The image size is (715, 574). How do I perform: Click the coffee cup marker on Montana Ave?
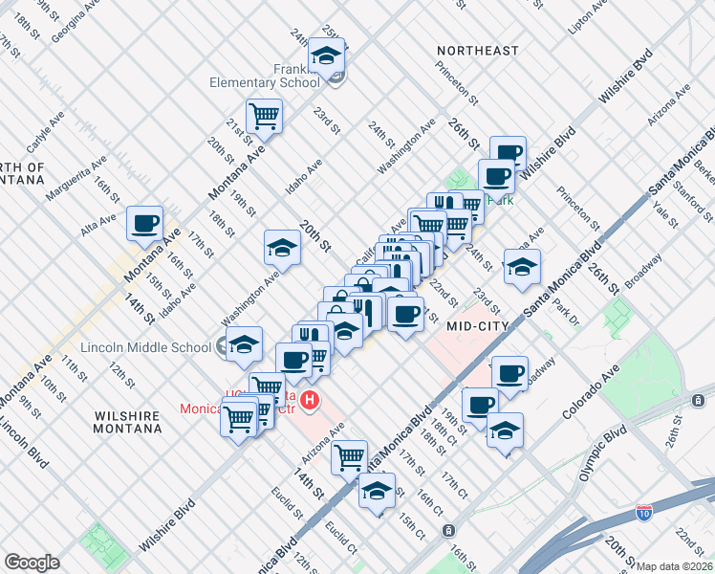144,224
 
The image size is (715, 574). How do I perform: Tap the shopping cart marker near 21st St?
264,117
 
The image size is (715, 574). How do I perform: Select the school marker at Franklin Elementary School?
327,56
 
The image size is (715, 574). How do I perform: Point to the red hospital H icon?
310,400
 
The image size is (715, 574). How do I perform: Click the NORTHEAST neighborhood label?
477,50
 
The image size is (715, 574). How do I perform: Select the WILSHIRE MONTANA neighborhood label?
128,422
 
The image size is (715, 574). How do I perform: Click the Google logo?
32,563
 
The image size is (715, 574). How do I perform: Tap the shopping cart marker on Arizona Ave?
350,456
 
